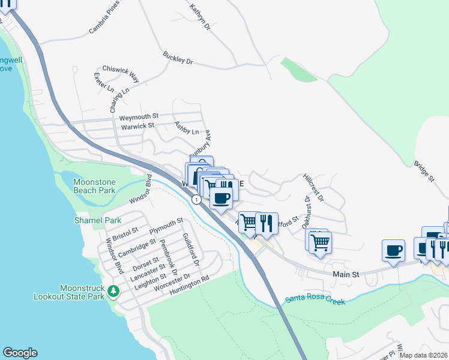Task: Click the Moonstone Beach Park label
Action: [x=94, y=186]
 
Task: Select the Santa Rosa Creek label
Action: [x=315, y=299]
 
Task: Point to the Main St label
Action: [x=345, y=274]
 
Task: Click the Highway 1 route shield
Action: [x=196, y=199]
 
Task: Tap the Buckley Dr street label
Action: [x=177, y=58]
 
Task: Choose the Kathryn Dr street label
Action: [x=200, y=17]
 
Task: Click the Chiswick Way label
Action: [x=120, y=74]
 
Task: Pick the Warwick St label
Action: [x=137, y=126]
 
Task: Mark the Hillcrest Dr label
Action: [x=313, y=188]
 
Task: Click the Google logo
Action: [x=20, y=353]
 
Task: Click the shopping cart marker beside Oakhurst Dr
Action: [x=321, y=242]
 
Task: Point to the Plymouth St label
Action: [x=166, y=226]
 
